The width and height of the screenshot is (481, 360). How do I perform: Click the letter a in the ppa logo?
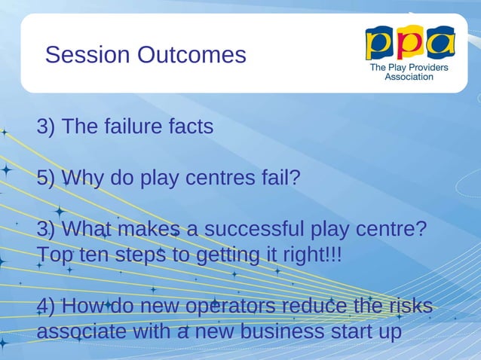[440, 42]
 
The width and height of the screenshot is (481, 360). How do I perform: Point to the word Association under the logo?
[409, 77]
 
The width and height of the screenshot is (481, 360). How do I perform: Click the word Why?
[84, 178]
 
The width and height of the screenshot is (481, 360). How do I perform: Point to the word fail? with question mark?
[280, 178]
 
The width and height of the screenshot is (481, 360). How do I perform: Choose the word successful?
[259, 229]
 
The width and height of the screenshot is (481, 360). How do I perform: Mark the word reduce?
[314, 306]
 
